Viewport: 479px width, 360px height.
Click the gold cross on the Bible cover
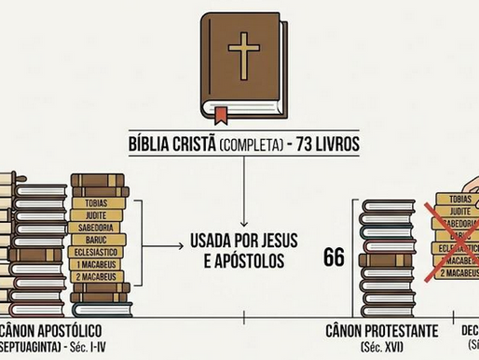244,55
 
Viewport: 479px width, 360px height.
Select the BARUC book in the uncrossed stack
96,238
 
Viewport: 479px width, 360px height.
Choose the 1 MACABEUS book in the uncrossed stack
96,264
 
